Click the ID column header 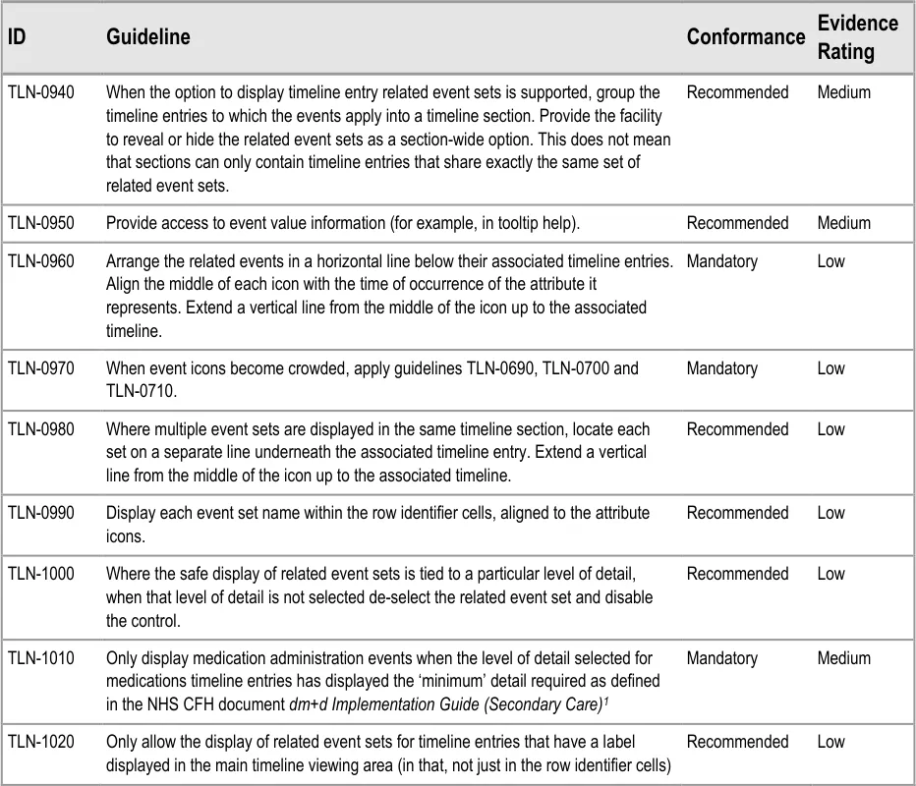pyautogui.click(x=17, y=36)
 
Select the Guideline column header pyautogui.click(x=147, y=36)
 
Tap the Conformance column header pyautogui.click(x=745, y=36)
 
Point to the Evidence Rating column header pyautogui.click(x=857, y=36)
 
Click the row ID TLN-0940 pyautogui.click(x=40, y=92)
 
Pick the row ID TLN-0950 pyautogui.click(x=40, y=223)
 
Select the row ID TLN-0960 pyautogui.click(x=40, y=261)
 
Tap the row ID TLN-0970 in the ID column pyautogui.click(x=40, y=368)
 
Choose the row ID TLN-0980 pyautogui.click(x=40, y=429)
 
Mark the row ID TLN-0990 pyautogui.click(x=40, y=513)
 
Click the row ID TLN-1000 pyautogui.click(x=40, y=574)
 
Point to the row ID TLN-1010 pyautogui.click(x=40, y=658)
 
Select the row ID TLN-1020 pyautogui.click(x=40, y=742)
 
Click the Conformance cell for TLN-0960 pyautogui.click(x=721, y=261)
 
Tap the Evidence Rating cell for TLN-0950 pyautogui.click(x=843, y=223)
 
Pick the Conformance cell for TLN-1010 pyautogui.click(x=721, y=658)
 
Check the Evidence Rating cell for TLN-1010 pyautogui.click(x=843, y=658)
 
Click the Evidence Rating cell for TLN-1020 pyautogui.click(x=830, y=742)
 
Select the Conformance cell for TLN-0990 pyautogui.click(x=737, y=513)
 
